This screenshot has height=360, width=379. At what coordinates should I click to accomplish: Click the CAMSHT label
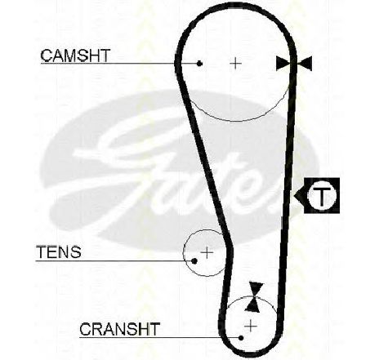click(x=75, y=56)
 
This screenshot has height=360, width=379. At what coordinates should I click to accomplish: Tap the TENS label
click(x=59, y=252)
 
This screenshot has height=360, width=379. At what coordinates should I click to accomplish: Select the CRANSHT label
click(x=119, y=329)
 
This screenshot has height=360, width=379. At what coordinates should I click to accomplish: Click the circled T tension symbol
click(x=322, y=195)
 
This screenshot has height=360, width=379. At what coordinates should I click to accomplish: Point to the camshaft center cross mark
click(x=236, y=64)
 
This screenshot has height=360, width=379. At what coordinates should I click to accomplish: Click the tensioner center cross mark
click(x=207, y=253)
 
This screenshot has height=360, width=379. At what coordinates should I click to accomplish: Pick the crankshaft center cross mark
click(x=251, y=326)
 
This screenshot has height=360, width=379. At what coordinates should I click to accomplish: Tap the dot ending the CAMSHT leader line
click(x=200, y=64)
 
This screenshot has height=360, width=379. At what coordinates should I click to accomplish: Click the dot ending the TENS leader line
click(x=194, y=261)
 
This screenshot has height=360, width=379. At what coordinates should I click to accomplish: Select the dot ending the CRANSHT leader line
click(x=241, y=338)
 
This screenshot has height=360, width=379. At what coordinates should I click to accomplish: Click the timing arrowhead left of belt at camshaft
click(x=283, y=64)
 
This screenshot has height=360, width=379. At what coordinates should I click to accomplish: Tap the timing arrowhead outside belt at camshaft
click(x=305, y=64)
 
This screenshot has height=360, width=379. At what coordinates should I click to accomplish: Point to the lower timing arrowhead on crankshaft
click(x=252, y=304)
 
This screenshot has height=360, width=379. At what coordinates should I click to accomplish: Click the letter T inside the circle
click(x=322, y=195)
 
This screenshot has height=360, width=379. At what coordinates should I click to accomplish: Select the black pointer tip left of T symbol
click(x=295, y=195)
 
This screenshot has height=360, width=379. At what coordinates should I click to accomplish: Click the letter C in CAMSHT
click(x=46, y=56)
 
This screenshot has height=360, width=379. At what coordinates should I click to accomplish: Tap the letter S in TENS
click(x=75, y=252)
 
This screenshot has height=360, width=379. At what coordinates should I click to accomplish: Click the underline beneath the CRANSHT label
click(x=160, y=338)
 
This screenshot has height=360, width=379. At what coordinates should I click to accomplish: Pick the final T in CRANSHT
click(x=154, y=329)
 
